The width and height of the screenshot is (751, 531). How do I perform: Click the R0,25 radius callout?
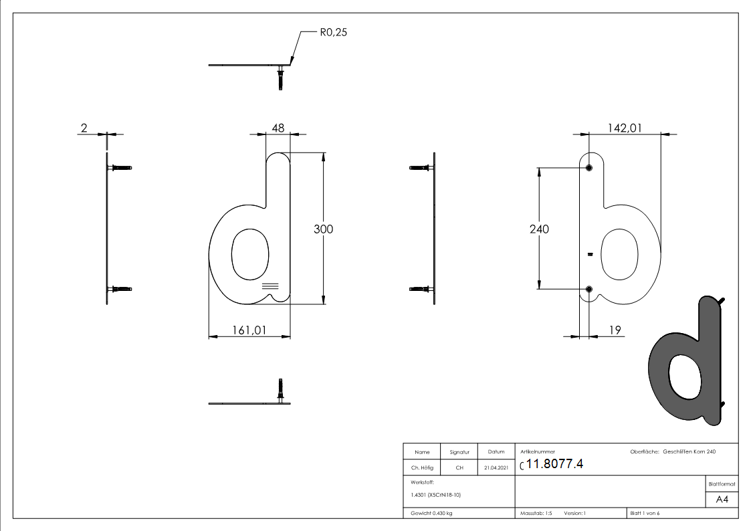pyautogui.click(x=333, y=31)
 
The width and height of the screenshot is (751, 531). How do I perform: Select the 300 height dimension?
pyautogui.click(x=324, y=229)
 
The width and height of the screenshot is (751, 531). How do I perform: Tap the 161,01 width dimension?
pyautogui.click(x=249, y=329)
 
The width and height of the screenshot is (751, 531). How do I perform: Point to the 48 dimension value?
pyautogui.click(x=278, y=128)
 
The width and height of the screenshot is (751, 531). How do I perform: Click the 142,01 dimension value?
pyautogui.click(x=625, y=128)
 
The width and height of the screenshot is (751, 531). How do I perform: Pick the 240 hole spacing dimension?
pyautogui.click(x=539, y=229)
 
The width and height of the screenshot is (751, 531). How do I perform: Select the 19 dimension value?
pyautogui.click(x=616, y=329)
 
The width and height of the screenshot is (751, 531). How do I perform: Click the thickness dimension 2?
pyautogui.click(x=84, y=128)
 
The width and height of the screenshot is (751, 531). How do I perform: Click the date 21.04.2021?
pyautogui.click(x=496, y=468)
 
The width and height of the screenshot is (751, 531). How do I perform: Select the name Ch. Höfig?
pyautogui.click(x=423, y=468)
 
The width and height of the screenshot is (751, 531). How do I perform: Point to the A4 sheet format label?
pyautogui.click(x=722, y=500)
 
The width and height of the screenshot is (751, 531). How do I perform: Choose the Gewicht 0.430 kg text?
pyautogui.click(x=431, y=514)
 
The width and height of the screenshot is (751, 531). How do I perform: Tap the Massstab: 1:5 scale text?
pyautogui.click(x=536, y=514)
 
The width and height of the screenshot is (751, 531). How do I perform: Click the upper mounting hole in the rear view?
pyautogui.click(x=589, y=168)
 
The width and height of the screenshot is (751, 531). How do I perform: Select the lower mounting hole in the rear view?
pyautogui.click(x=589, y=289)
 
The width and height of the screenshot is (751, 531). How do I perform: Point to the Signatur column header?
pyautogui.click(x=459, y=452)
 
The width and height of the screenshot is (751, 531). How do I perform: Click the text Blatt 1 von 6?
pyautogui.click(x=645, y=514)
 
